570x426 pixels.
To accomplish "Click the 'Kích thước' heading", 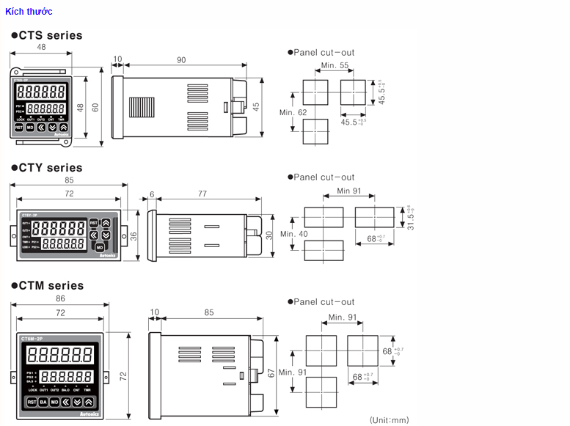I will [x=29, y=12].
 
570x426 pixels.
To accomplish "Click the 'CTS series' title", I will [x=46, y=35].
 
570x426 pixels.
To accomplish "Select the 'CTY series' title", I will [x=46, y=168].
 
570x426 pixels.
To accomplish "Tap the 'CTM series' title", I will [x=47, y=286].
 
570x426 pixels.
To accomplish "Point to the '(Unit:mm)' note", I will [x=389, y=420].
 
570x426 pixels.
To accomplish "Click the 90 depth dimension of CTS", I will [x=180, y=59].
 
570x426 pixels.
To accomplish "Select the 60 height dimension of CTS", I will [x=95, y=107].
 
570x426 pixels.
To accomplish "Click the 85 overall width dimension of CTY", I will [x=68, y=180].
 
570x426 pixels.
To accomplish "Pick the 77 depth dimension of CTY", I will [x=202, y=194].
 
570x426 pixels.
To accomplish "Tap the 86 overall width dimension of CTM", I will [x=60, y=298].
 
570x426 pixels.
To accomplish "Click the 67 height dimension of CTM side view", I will [x=271, y=372].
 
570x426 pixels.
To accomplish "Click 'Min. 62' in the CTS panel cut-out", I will [x=293, y=112].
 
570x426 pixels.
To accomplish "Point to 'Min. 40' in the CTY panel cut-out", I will [x=293, y=234].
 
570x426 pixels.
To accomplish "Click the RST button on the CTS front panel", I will [x=19, y=127].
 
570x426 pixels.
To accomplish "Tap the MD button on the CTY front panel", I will [x=100, y=247].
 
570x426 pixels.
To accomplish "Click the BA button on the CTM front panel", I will [x=43, y=403].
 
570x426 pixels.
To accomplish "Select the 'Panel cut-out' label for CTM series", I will [x=324, y=302].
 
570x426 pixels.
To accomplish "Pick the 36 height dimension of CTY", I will [x=133, y=236].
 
